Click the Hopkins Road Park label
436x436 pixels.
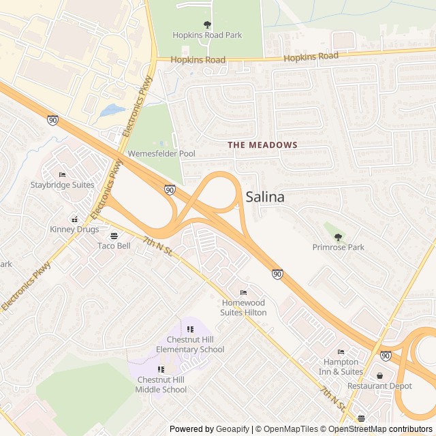(207, 35)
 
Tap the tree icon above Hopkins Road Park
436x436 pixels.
(207, 25)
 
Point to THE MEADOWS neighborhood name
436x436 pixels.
(262, 145)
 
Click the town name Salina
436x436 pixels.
(265, 197)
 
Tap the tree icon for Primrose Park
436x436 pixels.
(339, 237)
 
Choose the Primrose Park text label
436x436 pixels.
(339, 247)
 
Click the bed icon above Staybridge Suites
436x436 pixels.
(62, 175)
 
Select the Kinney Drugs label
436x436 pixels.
(74, 230)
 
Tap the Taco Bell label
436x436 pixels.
(114, 246)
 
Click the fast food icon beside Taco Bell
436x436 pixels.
(114, 236)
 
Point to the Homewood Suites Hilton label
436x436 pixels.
(243, 307)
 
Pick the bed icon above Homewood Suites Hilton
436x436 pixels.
(243, 293)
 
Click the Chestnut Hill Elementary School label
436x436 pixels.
(190, 345)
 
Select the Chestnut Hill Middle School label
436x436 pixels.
(161, 385)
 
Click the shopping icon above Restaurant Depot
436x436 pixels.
(379, 375)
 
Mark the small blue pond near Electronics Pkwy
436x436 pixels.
(112, 110)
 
